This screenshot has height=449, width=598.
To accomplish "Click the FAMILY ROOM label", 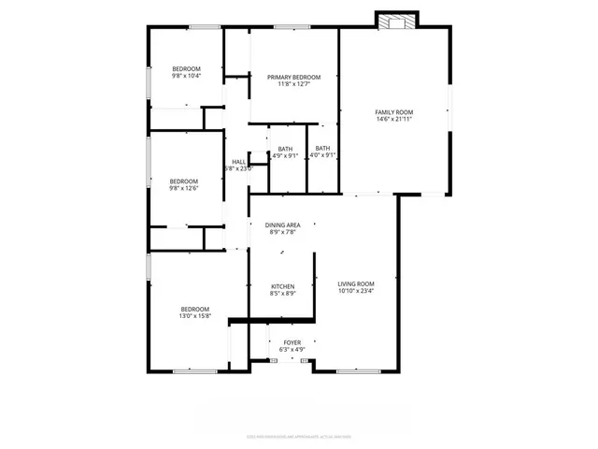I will pos(393,112).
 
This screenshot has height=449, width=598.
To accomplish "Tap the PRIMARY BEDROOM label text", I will pos(293,77).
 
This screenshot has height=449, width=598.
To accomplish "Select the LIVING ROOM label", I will pos(356,283).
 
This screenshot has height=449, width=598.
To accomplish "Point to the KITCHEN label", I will pos(283,286).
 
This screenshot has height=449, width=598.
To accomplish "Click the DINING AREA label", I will pos(282,225).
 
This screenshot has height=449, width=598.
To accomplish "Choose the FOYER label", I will pos(292,342).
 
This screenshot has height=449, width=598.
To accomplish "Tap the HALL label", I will pos(238,161).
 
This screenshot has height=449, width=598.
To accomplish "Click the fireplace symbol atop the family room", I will pos(397,20).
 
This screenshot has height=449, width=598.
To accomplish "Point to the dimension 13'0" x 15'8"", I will pos(195,316).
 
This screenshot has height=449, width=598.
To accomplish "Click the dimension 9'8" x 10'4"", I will pos(186,76).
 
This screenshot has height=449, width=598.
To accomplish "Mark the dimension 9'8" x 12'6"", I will pos(183,189).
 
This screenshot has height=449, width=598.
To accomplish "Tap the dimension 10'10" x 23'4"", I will pos(356,291).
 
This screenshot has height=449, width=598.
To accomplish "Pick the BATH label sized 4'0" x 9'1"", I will pos(322,148).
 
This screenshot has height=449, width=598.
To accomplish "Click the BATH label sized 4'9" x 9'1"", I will pos(285,148).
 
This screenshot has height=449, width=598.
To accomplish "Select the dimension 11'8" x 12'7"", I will pos(293,84).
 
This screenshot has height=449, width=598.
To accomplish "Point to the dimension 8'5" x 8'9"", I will pos(283,294).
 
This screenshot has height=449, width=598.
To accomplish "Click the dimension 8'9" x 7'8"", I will pos(282,233).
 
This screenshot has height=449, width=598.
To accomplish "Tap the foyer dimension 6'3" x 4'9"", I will pos(292,350).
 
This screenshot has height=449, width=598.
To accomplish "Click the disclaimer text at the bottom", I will pos(298,435).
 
